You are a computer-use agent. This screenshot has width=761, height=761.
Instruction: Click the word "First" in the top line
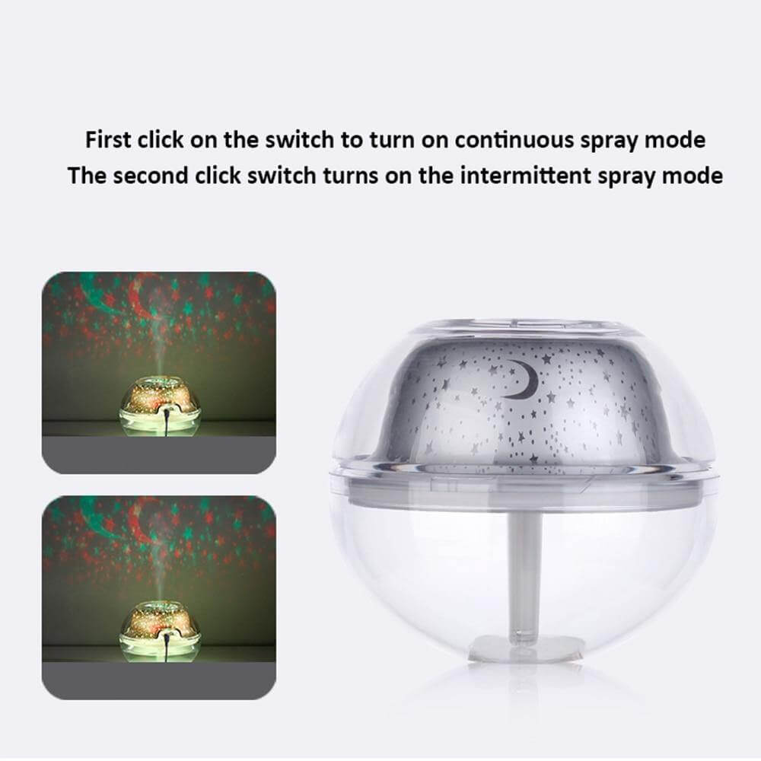[108, 140]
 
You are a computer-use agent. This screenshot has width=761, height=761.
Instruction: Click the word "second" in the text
[151, 175]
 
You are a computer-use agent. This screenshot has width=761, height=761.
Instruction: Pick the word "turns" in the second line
[350, 175]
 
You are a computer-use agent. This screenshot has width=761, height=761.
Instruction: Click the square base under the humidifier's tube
[526, 648]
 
